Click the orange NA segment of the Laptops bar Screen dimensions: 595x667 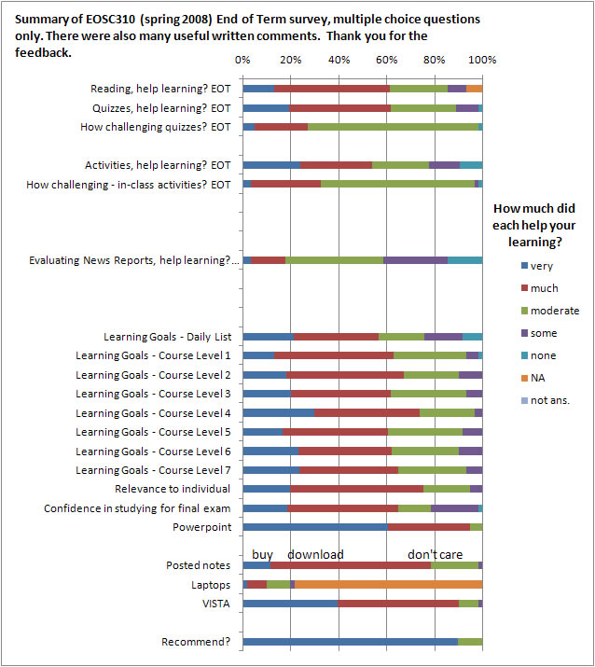click(x=388, y=585)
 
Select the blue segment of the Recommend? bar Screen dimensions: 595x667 click(x=351, y=642)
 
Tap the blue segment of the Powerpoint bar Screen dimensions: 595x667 click(x=315, y=527)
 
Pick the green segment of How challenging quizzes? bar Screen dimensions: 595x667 click(x=393, y=127)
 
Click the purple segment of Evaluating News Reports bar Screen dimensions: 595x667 click(x=416, y=260)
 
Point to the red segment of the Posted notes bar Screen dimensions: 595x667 click(x=351, y=565)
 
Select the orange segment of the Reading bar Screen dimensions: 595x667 click(x=474, y=89)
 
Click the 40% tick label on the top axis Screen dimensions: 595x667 click(x=339, y=60)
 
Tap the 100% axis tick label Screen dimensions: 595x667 click(x=482, y=60)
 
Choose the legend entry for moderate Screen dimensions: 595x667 click(x=550, y=311)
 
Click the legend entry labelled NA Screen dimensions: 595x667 click(x=533, y=378)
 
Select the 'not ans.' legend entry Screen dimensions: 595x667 click(x=546, y=400)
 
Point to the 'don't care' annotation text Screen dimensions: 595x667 click(x=436, y=554)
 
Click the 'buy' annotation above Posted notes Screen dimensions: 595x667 click(x=262, y=555)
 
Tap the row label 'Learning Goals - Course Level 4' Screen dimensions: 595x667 click(x=153, y=413)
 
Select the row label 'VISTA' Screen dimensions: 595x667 click(x=216, y=604)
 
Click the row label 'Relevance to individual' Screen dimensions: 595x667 click(x=173, y=489)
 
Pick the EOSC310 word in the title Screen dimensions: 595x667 click(x=111, y=20)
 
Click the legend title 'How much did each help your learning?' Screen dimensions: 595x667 click(x=534, y=225)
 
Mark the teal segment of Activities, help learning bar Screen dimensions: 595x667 click(x=471, y=165)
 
